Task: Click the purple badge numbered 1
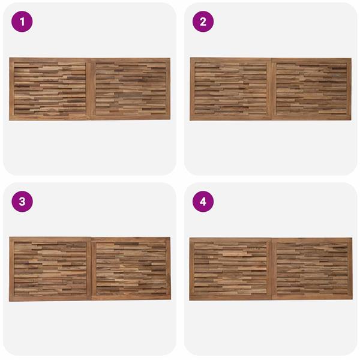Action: click(x=22, y=22)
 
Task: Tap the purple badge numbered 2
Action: click(x=203, y=22)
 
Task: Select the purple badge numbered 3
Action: click(x=22, y=202)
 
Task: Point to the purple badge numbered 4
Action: click(x=203, y=202)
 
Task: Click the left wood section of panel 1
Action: click(x=50, y=89)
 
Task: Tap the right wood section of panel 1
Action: click(x=131, y=89)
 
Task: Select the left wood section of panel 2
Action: click(x=231, y=89)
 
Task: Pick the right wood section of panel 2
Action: click(x=311, y=89)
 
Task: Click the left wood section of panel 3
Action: click(x=50, y=269)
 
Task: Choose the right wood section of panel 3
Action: click(x=131, y=269)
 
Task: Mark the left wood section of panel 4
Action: click(x=230, y=269)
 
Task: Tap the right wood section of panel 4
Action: click(x=312, y=269)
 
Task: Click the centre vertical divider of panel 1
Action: click(x=91, y=89)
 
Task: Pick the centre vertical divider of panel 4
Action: click(x=272, y=269)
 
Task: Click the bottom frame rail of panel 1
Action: click(x=89, y=118)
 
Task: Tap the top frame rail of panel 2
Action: click(x=271, y=60)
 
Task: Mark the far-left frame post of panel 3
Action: click(x=11, y=269)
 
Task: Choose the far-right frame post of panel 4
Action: click(x=350, y=269)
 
